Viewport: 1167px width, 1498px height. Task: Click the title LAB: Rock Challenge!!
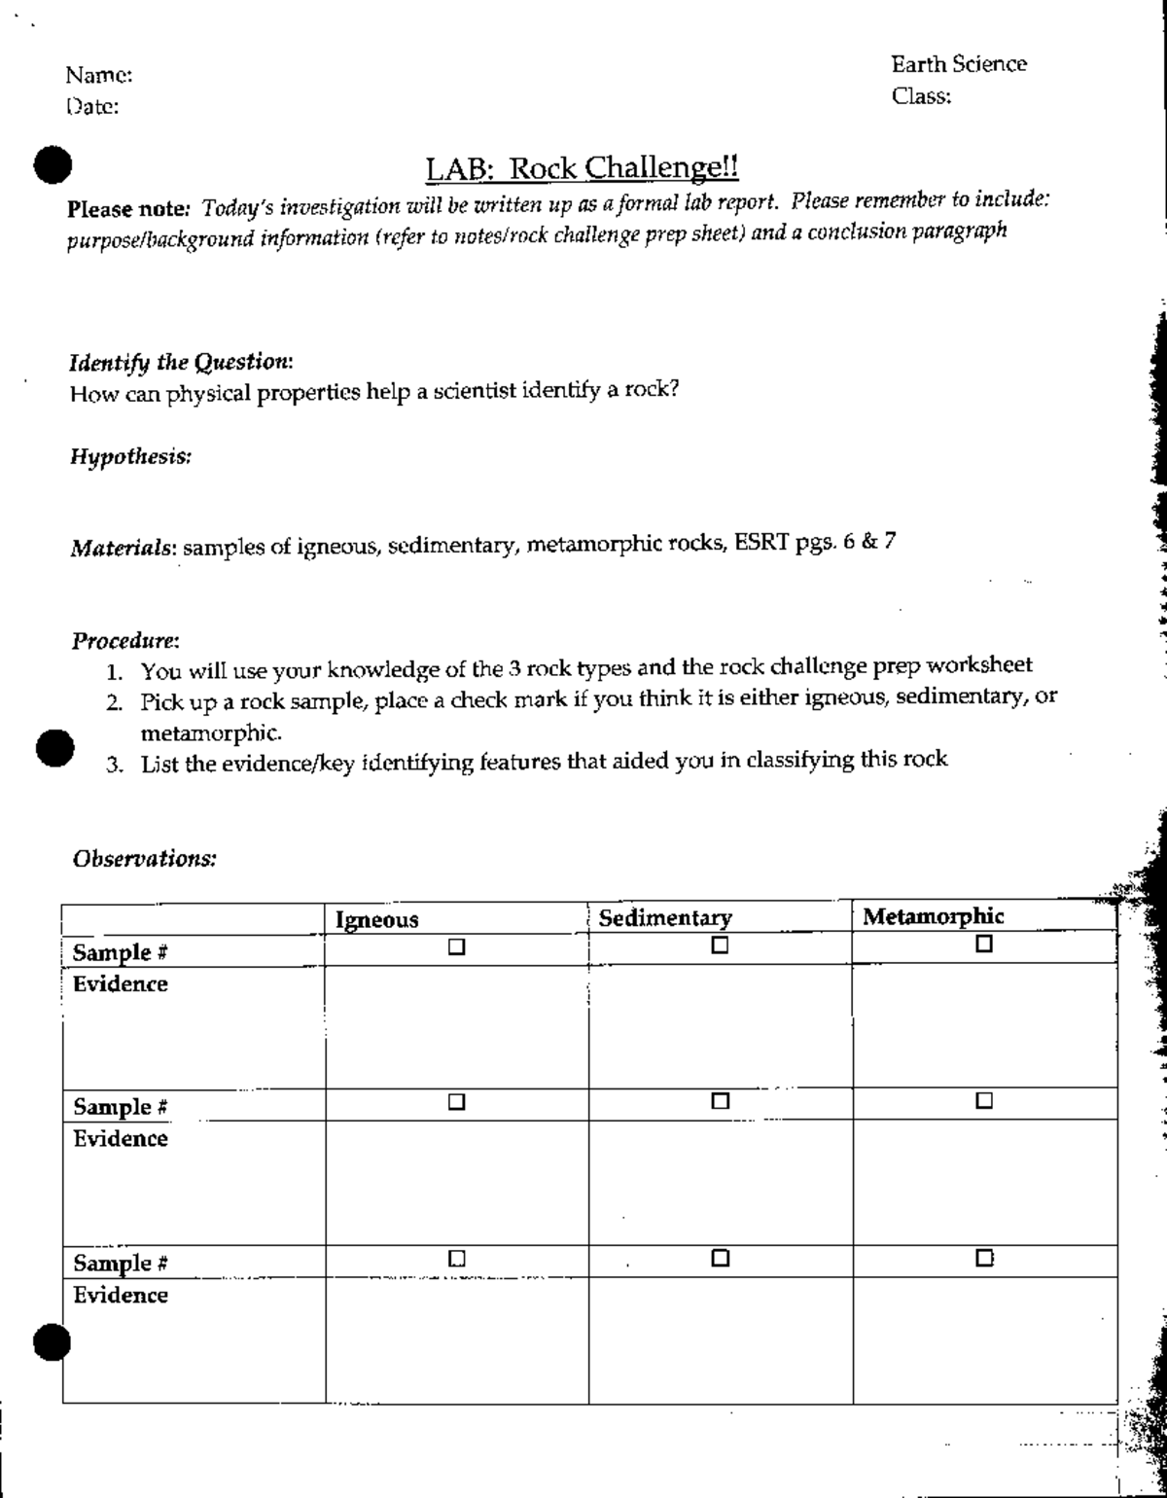(x=583, y=168)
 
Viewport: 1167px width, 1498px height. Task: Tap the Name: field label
(x=99, y=75)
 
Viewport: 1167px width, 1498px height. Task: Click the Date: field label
(x=93, y=107)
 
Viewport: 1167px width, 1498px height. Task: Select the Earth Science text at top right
(x=959, y=64)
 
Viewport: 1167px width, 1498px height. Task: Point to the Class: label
(x=921, y=96)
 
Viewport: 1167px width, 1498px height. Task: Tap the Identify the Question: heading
(x=182, y=363)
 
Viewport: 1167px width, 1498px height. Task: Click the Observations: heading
(x=144, y=859)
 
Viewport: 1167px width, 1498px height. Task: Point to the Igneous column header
(x=377, y=919)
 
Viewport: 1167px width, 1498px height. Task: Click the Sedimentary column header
(x=665, y=917)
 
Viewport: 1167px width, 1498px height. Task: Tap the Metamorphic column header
(x=934, y=915)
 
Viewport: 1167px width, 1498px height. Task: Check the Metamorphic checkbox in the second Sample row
(x=984, y=1101)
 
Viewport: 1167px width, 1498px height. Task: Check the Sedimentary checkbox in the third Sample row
(x=720, y=1258)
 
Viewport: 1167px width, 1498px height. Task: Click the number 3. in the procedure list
(x=115, y=764)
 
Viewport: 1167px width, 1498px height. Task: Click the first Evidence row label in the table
(x=121, y=983)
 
